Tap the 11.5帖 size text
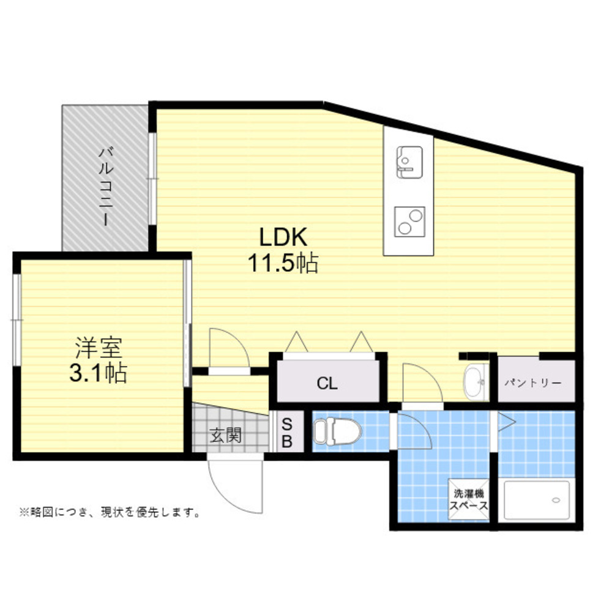[x=283, y=263]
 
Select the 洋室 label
[x=99, y=347]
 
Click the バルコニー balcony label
[x=106, y=186]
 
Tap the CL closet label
[x=327, y=383]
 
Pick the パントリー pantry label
[x=533, y=383]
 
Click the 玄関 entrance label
[x=226, y=435]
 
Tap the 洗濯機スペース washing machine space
[x=468, y=499]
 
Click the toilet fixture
[x=337, y=431]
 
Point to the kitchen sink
[x=409, y=162]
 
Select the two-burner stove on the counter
[x=409, y=222]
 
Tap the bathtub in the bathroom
[x=537, y=500]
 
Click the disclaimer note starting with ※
[x=110, y=512]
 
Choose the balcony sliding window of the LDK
[x=152, y=179]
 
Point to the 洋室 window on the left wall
[x=17, y=320]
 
